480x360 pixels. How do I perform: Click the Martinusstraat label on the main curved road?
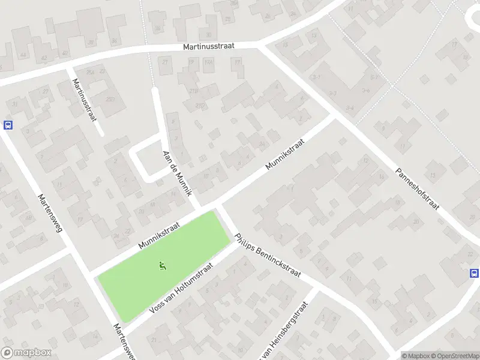click(x=212, y=46)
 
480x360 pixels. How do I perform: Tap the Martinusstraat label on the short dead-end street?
click(x=84, y=100)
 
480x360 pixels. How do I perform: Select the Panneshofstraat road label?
click(x=418, y=188)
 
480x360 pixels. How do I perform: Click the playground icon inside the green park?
click(x=162, y=265)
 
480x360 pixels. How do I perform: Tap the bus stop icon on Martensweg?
click(x=8, y=125)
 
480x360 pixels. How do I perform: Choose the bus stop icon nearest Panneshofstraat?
click(x=474, y=273)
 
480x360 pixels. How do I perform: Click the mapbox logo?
click(x=26, y=353)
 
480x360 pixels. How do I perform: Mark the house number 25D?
click(x=110, y=99)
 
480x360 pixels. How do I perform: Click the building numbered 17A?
click(x=208, y=62)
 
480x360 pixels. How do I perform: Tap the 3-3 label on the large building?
click(x=333, y=94)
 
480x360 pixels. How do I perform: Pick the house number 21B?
click(x=194, y=91)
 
